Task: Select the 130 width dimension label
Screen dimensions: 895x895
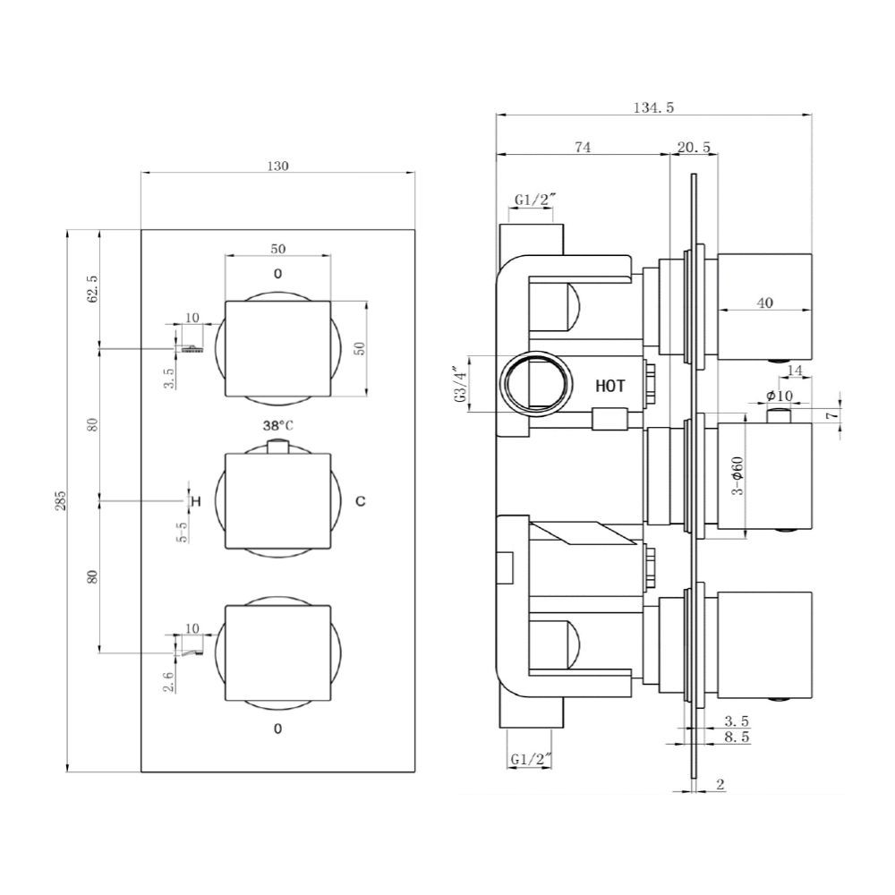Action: click(x=277, y=166)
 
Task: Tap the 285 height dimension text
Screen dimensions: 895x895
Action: click(x=61, y=501)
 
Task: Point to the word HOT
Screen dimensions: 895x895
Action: click(x=610, y=386)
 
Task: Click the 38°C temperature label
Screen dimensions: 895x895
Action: click(x=277, y=426)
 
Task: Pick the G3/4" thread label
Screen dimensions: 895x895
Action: click(x=459, y=385)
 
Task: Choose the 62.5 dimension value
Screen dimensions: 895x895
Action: click(x=91, y=290)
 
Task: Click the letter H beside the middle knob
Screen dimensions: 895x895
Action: click(x=196, y=501)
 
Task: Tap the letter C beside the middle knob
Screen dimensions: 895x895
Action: click(x=360, y=501)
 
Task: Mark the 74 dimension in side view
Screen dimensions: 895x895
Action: click(x=583, y=149)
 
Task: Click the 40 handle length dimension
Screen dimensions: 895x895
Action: click(x=764, y=303)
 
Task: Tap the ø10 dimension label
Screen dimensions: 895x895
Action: click(x=780, y=396)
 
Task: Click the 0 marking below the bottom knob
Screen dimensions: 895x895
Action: click(x=277, y=729)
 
